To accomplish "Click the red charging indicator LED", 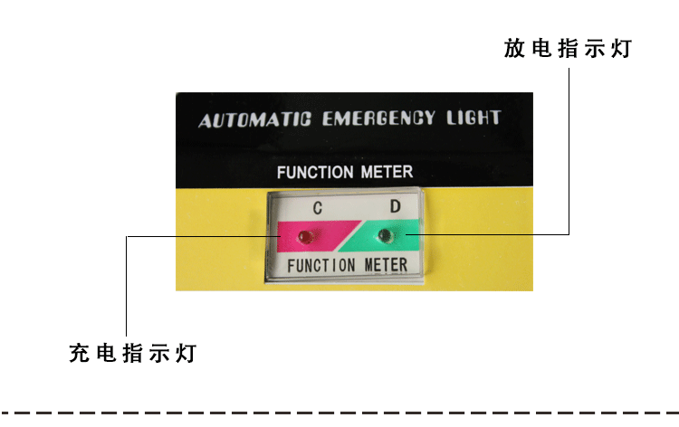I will point(305,238).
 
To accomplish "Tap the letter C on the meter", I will point(318,208).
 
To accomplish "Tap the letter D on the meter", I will point(395,206).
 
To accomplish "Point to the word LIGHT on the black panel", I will point(473,118).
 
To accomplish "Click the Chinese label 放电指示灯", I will point(568,49).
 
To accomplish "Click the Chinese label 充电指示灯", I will point(132,353).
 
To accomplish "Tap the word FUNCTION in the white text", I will point(310,172).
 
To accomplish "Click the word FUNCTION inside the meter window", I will point(321,266).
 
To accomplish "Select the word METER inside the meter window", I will point(386,265).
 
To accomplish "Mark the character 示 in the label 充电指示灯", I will point(159,353).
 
